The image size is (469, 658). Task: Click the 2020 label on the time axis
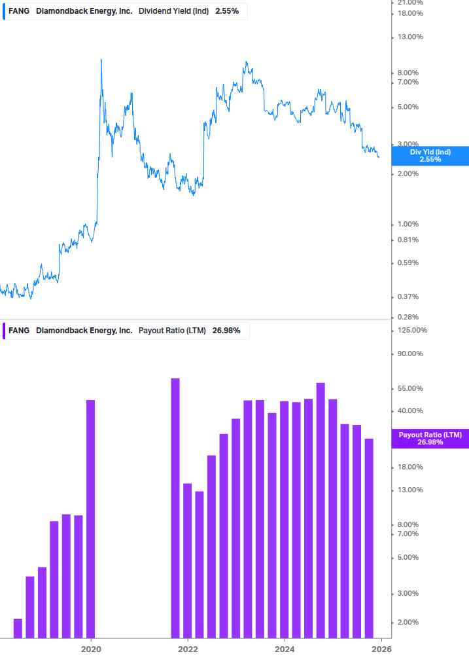point(91,649)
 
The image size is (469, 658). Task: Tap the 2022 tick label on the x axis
point(188,649)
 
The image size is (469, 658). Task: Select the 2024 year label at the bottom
point(285,649)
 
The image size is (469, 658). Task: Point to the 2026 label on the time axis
point(381,649)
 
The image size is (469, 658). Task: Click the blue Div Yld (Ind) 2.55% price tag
point(430,155)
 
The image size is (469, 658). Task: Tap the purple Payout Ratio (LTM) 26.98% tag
point(430,439)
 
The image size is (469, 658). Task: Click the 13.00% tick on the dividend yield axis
point(411,37)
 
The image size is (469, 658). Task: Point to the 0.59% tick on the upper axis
point(409,263)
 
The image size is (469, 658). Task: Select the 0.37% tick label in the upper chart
point(409,297)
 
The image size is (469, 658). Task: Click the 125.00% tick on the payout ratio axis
point(413,330)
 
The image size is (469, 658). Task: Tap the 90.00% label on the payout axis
point(411,354)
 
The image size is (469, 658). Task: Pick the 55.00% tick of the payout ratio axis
point(411,388)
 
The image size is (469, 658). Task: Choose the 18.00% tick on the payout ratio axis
point(411,467)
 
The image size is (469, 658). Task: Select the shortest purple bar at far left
point(18,628)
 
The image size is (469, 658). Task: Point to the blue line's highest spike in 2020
point(101,60)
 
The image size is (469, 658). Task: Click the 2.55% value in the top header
point(227,10)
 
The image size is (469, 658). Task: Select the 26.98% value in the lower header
point(226,331)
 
